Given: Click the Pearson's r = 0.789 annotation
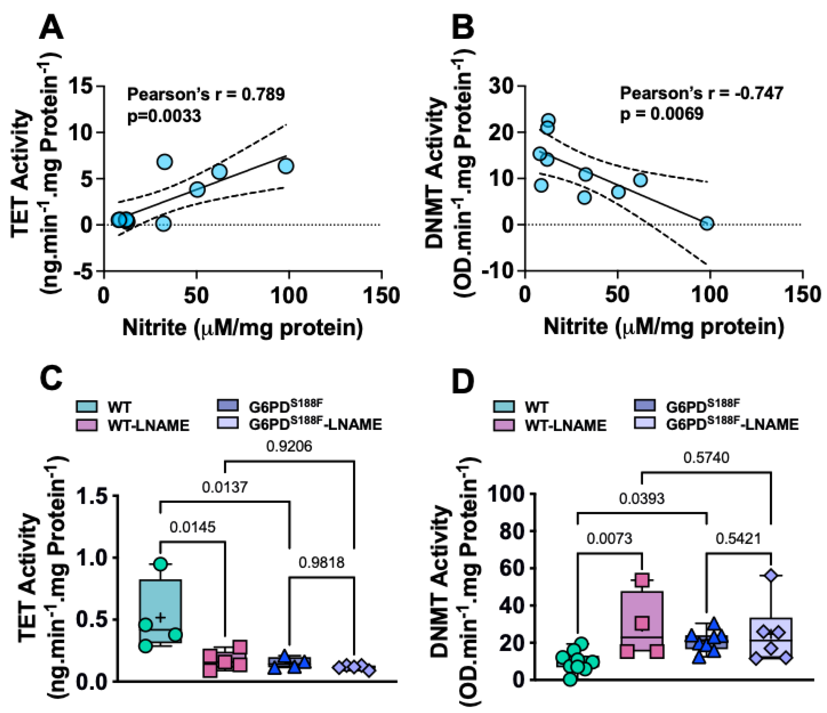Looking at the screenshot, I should (206, 95).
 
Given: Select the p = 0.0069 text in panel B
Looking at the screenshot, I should (661, 114).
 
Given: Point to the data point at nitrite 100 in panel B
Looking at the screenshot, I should (707, 223).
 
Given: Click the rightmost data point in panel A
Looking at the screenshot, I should (286, 166).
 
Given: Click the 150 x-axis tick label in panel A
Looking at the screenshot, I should (381, 296).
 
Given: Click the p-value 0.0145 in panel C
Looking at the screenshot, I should (192, 527).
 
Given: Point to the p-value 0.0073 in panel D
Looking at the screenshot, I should (609, 539).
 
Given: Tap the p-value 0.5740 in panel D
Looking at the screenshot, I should (706, 457).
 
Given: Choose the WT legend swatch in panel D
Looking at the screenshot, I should (503, 407).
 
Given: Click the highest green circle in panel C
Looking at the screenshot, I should (160, 564).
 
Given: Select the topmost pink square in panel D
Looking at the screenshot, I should (642, 579).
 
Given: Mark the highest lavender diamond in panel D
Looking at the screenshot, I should (771, 575).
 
